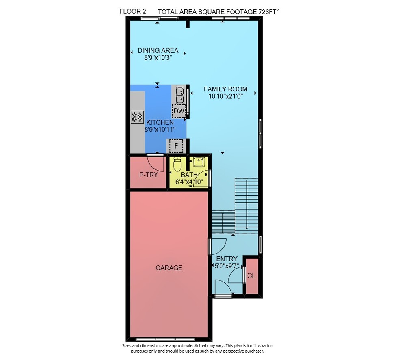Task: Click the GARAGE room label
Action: click(x=169, y=268)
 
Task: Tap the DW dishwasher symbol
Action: click(x=179, y=111)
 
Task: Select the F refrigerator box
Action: click(x=176, y=146)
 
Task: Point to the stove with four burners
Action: click(x=137, y=117)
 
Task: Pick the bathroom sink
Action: click(x=199, y=162)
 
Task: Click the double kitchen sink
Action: click(x=180, y=95)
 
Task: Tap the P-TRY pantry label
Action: click(x=149, y=175)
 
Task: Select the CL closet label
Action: click(x=251, y=276)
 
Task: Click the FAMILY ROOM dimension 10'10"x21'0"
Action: click(x=225, y=96)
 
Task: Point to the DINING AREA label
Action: click(x=158, y=50)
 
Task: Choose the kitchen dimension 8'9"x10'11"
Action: click(x=160, y=129)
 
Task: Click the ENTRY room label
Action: click(x=227, y=259)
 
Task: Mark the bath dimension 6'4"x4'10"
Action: click(x=189, y=182)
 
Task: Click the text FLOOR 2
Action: click(x=133, y=11)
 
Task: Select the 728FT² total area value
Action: click(x=268, y=12)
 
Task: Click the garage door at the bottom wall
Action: click(x=166, y=339)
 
